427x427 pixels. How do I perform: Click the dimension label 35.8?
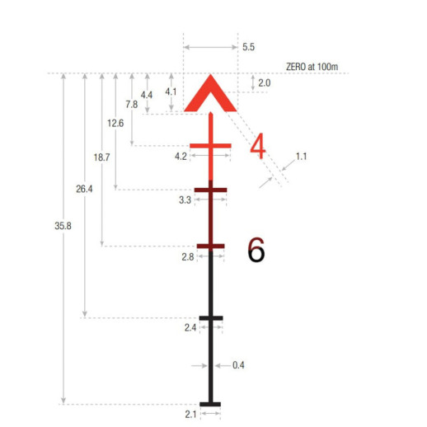pyautogui.click(x=63, y=226)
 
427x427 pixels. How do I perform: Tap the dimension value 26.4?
pyautogui.click(x=84, y=189)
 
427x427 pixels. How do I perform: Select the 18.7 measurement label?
pyautogui.click(x=101, y=157)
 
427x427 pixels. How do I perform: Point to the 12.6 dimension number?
pyautogui.click(x=115, y=123)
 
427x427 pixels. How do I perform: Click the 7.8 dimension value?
pyautogui.click(x=132, y=105)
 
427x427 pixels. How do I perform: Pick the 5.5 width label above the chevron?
pyautogui.click(x=248, y=47)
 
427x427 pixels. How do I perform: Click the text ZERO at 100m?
pyautogui.click(x=312, y=67)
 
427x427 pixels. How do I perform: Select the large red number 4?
pyautogui.click(x=258, y=146)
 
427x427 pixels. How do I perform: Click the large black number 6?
pyautogui.click(x=256, y=250)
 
